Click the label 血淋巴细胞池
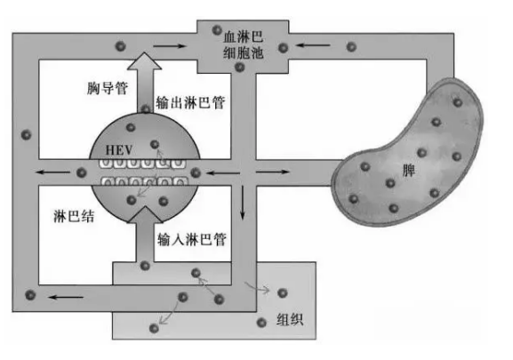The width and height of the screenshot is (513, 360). coord(244,45)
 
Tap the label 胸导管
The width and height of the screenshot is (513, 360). coord(108,88)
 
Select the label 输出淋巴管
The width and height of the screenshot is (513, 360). coord(190,102)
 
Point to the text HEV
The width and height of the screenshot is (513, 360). coord(119,150)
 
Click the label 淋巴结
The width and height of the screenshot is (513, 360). coord(74,216)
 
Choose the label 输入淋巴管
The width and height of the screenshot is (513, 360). coord(192,239)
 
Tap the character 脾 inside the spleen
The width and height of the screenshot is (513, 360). coord(408,170)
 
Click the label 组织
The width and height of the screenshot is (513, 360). coord(290,319)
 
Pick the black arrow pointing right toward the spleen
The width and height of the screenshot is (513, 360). coord(273,172)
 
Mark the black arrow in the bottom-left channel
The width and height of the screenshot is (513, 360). coord(66,297)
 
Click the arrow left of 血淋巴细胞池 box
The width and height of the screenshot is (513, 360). coord(170,46)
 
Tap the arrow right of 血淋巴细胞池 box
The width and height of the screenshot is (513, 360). coord(313,45)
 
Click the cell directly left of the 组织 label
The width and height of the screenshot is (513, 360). coord(261,323)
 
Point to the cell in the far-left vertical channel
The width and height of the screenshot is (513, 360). coord(26,134)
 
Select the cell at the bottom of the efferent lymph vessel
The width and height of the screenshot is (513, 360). coord(146,108)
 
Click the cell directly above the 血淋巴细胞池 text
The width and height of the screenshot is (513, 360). coord(217,30)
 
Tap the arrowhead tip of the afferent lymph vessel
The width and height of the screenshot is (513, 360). coord(145,206)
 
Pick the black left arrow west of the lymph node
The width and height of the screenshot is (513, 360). coord(52,172)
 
